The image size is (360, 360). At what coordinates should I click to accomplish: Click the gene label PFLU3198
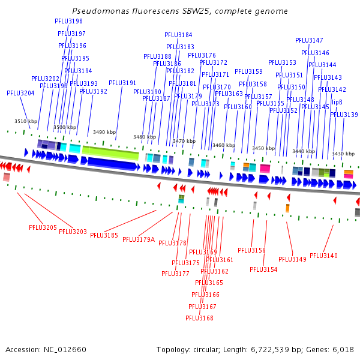click(68, 21)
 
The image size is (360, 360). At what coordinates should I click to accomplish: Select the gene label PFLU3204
click(20, 93)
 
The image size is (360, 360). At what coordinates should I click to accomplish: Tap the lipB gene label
click(337, 102)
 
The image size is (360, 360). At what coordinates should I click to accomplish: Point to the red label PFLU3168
click(199, 318)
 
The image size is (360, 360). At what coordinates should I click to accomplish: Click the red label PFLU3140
click(324, 256)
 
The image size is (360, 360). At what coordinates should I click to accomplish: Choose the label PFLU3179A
click(139, 239)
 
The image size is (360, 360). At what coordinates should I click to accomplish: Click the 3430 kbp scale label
click(343, 154)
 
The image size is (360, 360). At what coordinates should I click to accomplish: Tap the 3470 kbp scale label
click(184, 141)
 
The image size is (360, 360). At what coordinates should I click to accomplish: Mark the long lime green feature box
click(110, 154)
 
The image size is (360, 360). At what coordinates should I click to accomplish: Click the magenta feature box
click(265, 169)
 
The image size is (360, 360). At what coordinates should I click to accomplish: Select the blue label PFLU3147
click(309, 40)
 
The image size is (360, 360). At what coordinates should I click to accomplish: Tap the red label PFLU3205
click(43, 227)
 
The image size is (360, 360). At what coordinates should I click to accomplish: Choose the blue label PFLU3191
click(122, 83)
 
